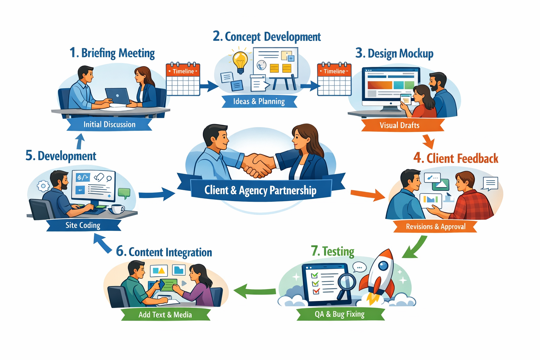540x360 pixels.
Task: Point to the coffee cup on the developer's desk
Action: point(117,209)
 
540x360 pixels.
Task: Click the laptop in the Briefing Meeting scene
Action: point(117,96)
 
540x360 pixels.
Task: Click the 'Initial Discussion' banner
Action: point(109,124)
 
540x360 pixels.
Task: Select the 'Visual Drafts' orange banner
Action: point(400,125)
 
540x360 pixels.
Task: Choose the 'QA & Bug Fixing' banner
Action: point(340,314)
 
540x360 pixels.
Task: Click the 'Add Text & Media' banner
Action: point(165,315)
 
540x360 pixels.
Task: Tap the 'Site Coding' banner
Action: point(83,225)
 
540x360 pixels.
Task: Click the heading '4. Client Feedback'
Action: point(456,158)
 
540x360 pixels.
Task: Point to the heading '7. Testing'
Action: point(333,251)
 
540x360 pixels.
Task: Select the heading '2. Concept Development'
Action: point(267,37)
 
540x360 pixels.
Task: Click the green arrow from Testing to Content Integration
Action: point(255,291)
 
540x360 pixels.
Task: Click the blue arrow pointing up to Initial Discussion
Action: point(81,141)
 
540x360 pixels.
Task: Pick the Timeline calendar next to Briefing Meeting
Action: point(183,79)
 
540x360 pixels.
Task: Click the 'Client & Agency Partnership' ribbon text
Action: point(261,190)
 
